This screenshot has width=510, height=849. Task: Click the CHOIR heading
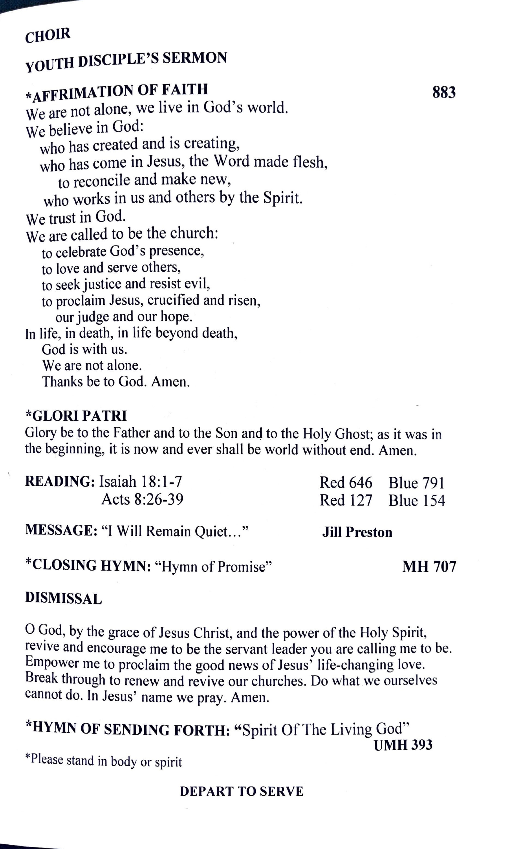[x=48, y=35]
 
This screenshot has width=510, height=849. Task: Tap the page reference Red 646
[x=346, y=482]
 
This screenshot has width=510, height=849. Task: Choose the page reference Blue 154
[x=417, y=500]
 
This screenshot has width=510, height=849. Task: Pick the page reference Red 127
[x=346, y=500]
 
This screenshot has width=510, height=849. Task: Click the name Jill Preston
[x=357, y=532]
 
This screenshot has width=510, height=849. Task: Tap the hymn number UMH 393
[x=403, y=745]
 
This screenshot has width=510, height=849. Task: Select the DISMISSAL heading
[x=64, y=598]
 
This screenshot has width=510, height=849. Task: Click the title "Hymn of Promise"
[x=213, y=566]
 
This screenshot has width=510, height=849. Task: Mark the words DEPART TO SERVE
[x=242, y=791]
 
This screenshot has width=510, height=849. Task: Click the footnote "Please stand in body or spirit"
[x=104, y=761]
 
